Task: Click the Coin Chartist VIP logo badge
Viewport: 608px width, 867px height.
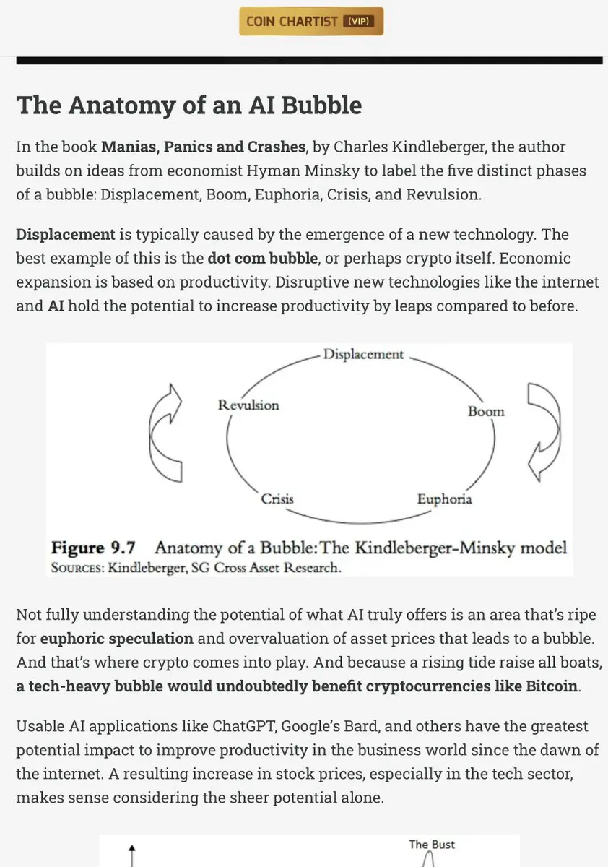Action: coord(310,22)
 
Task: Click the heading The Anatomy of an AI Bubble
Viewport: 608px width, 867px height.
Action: coord(188,105)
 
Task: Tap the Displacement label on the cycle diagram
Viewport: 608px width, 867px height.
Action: coord(363,355)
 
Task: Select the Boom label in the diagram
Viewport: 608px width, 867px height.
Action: coord(486,412)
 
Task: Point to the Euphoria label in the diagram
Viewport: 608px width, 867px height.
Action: coord(444,499)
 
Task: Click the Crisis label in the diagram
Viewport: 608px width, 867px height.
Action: coord(277,499)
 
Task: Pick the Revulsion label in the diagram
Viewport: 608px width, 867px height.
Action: coord(248,405)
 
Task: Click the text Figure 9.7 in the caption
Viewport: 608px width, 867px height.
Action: coord(94,547)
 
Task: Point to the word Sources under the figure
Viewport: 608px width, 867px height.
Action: coord(77,568)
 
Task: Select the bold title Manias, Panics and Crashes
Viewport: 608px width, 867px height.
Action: coord(203,147)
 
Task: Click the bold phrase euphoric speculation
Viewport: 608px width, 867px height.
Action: coord(117,639)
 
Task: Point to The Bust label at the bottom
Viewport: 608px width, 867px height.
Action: coord(432,845)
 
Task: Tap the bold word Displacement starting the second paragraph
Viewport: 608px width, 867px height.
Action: coord(66,235)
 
